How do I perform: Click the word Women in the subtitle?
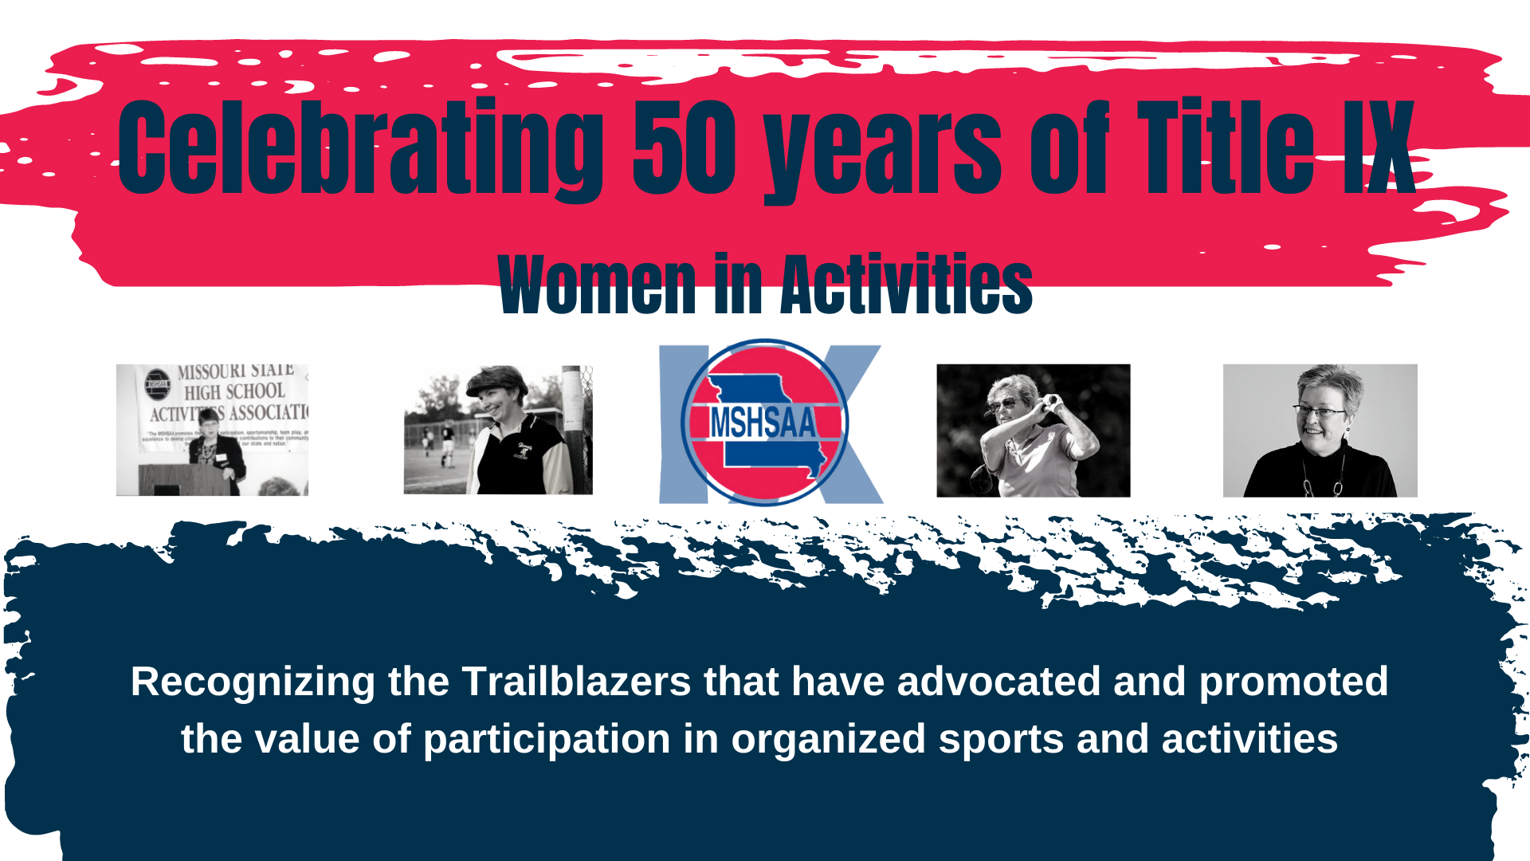click(597, 285)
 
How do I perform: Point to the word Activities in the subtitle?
click(906, 285)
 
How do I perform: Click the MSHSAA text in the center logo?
click(763, 423)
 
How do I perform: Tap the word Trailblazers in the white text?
click(577, 682)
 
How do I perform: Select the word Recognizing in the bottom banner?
click(253, 682)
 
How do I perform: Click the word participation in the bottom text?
click(547, 739)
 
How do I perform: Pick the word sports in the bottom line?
click(1001, 739)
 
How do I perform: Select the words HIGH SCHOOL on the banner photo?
click(234, 391)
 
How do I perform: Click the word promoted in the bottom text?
click(1293, 682)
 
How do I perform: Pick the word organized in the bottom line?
click(828, 739)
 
